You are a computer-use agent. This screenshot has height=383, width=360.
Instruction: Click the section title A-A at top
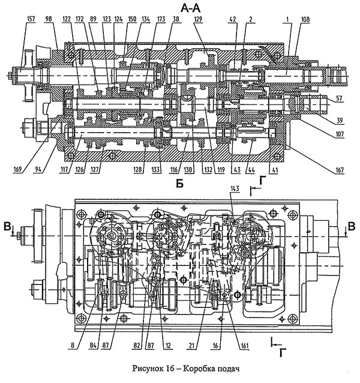pos(190,8)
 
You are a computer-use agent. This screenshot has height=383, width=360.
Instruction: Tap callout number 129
pos(198,19)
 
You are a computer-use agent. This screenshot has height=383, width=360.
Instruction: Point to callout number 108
pos(305,19)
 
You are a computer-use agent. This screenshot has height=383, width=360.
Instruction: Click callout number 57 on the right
pos(339,98)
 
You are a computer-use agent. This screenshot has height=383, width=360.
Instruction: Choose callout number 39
pos(339,120)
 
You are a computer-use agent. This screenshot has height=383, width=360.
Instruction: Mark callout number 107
pos(339,133)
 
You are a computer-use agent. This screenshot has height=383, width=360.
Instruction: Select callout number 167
pos(339,169)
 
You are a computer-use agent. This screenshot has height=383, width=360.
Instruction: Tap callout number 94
pos(38,169)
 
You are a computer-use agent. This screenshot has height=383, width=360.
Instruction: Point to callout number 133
pos(156,169)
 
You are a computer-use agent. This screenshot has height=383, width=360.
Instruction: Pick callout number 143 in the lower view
pos(235,189)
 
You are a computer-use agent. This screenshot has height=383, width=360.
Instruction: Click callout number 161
pos(244,346)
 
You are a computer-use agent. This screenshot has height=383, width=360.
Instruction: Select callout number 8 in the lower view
pos(73,346)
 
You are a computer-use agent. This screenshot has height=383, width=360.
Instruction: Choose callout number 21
pos(192,346)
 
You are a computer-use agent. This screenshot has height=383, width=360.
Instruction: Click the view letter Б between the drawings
pos(179,184)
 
